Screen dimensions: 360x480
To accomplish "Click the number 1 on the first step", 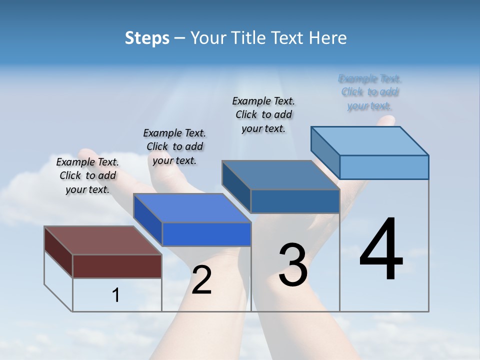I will tap(116, 295).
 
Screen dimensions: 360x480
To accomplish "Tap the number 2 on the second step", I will tap(201, 280).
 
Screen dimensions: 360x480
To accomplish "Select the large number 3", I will tap(293, 265).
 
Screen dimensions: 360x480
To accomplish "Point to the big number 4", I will tap(381, 249).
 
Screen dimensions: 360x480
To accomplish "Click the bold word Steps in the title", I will tap(147, 38).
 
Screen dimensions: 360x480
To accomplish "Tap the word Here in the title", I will tap(328, 38).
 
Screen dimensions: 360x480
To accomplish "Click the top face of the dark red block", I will tap(102, 240).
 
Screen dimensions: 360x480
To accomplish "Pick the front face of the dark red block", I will tap(117, 266).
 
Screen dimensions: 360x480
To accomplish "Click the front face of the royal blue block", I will tap(206, 234).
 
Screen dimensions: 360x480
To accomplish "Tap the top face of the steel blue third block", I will tap(280, 175).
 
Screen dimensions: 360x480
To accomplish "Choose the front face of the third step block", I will tap(295, 201).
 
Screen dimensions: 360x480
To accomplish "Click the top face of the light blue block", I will tap(369, 140).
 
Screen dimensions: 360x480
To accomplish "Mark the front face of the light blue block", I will tap(384, 167).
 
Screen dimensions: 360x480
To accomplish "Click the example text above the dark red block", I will tap(87, 175).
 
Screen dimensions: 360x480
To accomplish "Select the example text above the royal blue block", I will tap(174, 146).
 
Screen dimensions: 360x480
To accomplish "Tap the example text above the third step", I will tap(263, 114).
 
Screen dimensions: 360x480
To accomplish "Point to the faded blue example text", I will tap(370, 92).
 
